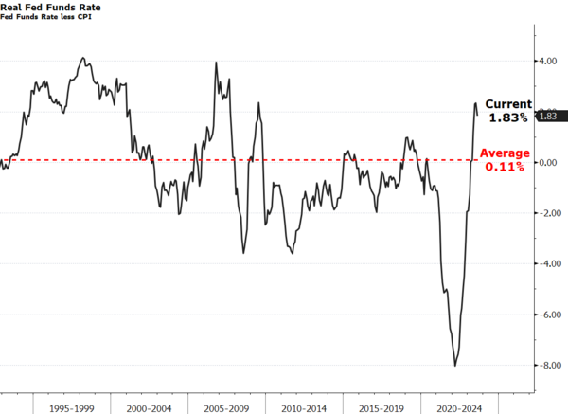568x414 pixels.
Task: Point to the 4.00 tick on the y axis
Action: [x=548, y=62]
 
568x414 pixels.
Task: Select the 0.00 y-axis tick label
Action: [x=548, y=163]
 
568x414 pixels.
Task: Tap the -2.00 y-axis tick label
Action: [x=547, y=213]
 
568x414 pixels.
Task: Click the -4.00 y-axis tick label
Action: [x=547, y=264]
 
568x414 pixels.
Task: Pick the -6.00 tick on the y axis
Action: [x=547, y=315]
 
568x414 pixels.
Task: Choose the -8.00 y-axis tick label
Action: [x=547, y=366]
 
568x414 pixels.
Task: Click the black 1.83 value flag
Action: [x=549, y=117]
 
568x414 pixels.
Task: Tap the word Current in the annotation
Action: [x=508, y=104]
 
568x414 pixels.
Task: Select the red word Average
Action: [x=505, y=153]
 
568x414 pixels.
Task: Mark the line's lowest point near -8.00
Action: [x=455, y=366]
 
